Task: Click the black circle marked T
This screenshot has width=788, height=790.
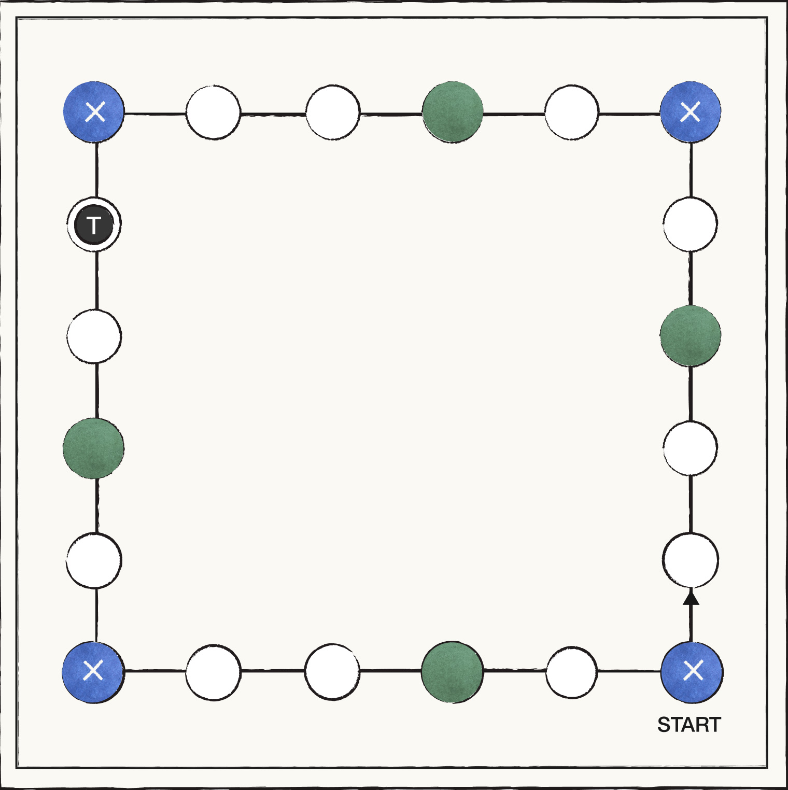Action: coord(94,225)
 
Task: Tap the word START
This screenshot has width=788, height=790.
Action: coord(689,725)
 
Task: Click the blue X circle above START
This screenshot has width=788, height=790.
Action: coord(692,672)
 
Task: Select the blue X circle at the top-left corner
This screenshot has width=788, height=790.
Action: coord(94,111)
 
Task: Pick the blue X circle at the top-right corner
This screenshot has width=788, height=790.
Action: coord(691,111)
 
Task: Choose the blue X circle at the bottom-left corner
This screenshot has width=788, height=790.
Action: coord(93,672)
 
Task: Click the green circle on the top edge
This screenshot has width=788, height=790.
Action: coord(453,112)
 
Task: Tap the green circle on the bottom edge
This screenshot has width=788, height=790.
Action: coord(452,672)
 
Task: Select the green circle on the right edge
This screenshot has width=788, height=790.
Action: coord(691,335)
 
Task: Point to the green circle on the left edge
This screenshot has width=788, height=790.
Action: coord(93,448)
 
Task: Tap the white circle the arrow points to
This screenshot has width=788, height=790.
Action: coord(691,560)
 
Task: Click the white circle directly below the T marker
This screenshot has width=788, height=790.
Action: coord(94,336)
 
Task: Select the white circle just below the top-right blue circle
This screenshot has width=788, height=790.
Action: coord(690,223)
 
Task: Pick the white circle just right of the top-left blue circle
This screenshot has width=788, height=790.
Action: coord(213,112)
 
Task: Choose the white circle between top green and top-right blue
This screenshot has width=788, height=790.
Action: coord(571,112)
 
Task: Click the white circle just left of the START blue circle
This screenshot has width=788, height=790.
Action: coord(571,672)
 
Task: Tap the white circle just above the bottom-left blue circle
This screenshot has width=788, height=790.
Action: coord(94,560)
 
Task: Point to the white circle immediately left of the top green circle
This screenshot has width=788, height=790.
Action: coord(332,112)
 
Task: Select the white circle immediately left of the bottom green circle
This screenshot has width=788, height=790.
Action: coord(332,672)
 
